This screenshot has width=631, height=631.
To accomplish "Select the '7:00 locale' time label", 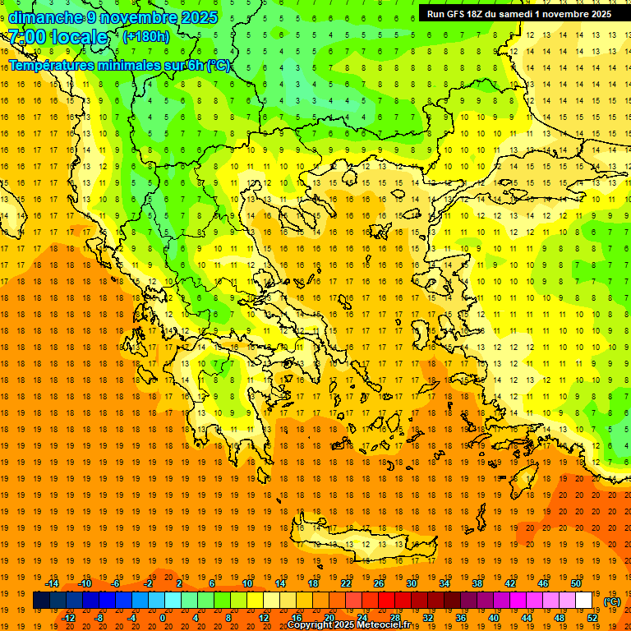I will tap(58, 37).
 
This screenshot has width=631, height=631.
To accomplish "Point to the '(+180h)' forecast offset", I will tap(146, 37).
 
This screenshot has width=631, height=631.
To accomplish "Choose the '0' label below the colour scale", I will tap(163, 618).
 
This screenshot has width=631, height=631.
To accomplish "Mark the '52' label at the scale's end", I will tap(592, 618).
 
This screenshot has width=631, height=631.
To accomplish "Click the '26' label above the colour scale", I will tap(379, 583).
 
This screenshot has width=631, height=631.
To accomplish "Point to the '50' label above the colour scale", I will tap(576, 583).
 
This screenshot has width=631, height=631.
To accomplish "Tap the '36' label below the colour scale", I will tap(461, 618).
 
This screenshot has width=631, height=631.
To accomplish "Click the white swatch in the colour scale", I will tap(584, 601).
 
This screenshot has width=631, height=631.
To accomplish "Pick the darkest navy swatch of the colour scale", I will tap(41, 601).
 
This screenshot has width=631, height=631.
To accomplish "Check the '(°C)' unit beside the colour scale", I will tap(611, 601).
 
